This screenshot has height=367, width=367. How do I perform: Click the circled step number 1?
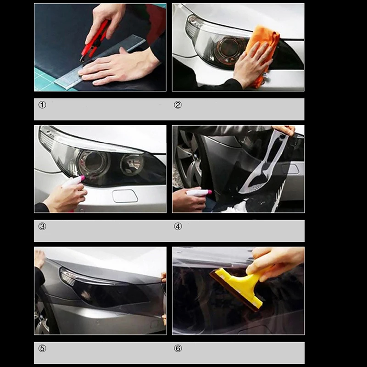[x=42, y=105]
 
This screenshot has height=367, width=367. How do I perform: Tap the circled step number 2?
[x=178, y=105]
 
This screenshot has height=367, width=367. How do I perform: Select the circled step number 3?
[x=42, y=226]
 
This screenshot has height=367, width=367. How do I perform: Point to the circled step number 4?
[x=178, y=226]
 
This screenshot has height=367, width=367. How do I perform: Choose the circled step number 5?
[x=42, y=348]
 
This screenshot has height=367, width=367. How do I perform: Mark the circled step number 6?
[x=178, y=348]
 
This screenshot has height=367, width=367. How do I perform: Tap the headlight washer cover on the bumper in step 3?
[x=125, y=196]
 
